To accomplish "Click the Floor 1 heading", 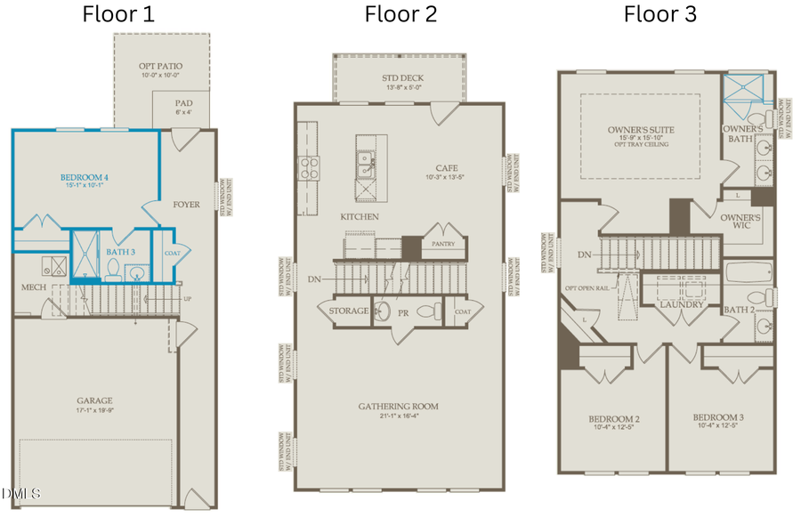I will point(117,14).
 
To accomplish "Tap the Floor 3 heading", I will point(659,14).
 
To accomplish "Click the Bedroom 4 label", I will point(85,177).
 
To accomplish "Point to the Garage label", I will point(93,400).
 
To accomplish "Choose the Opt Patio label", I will point(161,68).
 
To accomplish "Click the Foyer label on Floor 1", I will point(187,205).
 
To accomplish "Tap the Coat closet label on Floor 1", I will point(172,252).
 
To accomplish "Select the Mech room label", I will point(35,287).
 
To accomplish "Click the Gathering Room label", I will point(398,407).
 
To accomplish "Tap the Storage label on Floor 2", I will point(348,311).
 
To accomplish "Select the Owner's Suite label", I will point(641,130).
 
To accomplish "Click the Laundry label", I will point(683,305).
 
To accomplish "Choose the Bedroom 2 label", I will point(613,418).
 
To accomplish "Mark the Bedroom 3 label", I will point(718,417).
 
